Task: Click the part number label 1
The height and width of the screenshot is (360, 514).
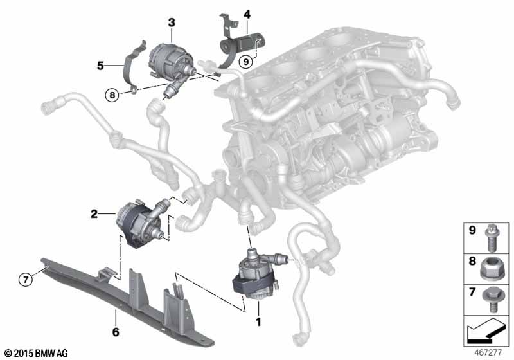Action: click(258, 319)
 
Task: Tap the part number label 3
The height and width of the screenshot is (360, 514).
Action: click(171, 23)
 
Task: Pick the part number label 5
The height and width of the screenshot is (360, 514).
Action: click(100, 65)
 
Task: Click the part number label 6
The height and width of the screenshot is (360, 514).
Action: click(116, 332)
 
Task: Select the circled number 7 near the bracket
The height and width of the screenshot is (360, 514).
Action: click(26, 278)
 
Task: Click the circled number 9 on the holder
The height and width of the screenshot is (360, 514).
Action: click(245, 62)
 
